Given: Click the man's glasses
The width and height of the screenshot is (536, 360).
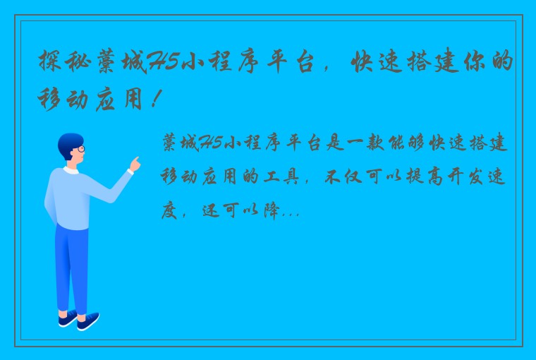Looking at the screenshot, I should [x=80, y=149].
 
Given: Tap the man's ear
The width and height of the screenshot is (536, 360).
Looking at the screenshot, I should [x=71, y=152].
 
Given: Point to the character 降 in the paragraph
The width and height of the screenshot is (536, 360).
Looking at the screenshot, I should [x=271, y=210].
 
